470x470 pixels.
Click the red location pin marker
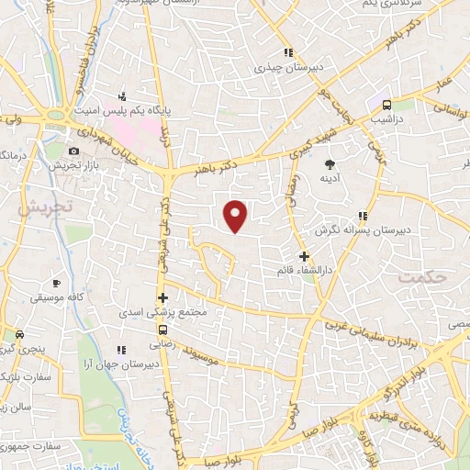click(x=237, y=215)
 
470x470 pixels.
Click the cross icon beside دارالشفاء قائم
click(x=305, y=256)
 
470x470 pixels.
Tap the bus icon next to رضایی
click(x=162, y=330)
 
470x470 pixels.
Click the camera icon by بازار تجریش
click(x=73, y=151)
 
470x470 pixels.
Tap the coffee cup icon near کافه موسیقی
click(x=56, y=284)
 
